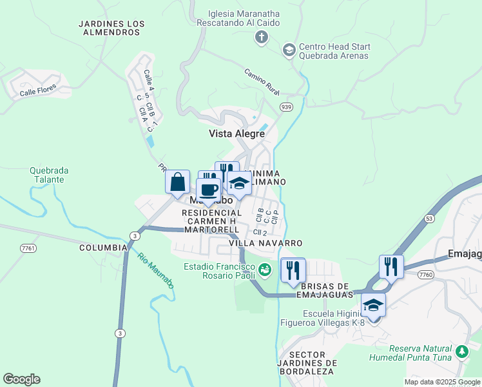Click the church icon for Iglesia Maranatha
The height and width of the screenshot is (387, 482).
point(262,37)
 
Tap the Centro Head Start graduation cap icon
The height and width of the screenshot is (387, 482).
point(289,50)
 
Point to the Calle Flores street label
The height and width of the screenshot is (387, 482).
point(37,90)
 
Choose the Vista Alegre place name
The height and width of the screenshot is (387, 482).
point(236,134)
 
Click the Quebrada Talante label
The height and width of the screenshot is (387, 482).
point(49,175)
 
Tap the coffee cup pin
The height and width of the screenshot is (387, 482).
point(209,191)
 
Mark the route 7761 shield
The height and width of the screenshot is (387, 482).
point(28,248)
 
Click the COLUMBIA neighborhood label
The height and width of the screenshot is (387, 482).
point(103,248)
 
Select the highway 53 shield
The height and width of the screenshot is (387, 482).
point(429,219)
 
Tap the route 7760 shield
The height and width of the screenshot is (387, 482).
point(425,275)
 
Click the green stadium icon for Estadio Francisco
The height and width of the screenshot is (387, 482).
point(264,268)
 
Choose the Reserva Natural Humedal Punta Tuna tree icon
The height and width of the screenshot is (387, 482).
point(461,352)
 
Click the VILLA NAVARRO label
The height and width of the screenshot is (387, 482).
point(265,243)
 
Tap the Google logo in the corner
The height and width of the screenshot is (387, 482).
point(21,379)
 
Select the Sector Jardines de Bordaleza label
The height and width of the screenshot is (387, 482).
point(312,363)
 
